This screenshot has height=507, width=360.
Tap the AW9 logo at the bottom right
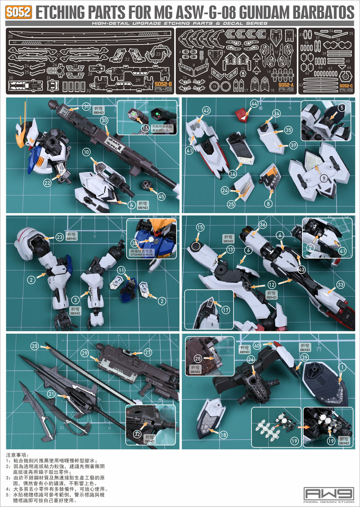pos(328,493)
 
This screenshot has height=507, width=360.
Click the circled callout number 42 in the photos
pos(207,110)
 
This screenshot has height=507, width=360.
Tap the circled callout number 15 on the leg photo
pos(200,227)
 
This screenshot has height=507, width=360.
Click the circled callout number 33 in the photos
pos(340,284)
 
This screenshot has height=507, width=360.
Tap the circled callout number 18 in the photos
pos(223,434)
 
